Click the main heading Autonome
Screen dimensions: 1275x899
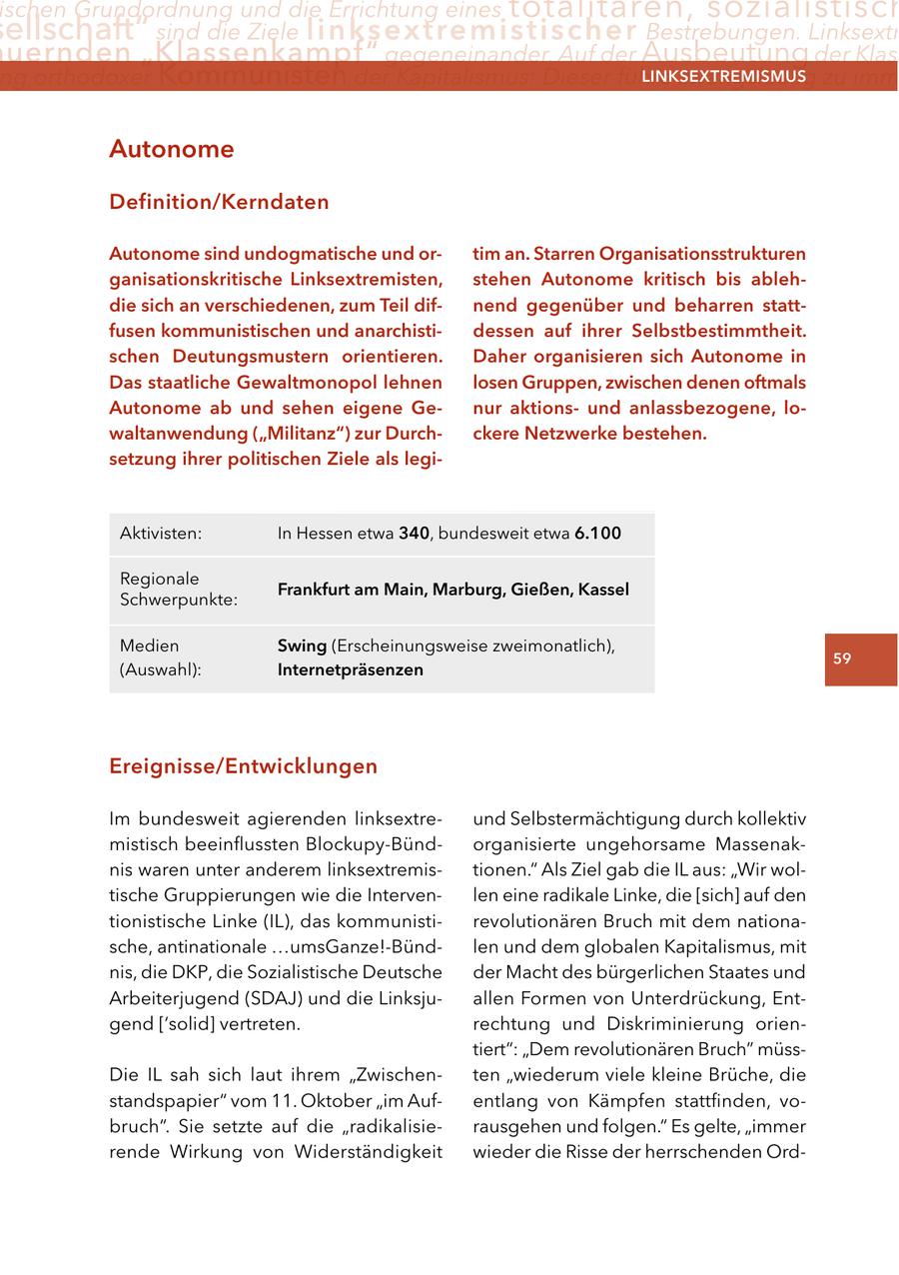(171, 150)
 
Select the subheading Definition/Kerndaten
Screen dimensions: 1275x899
(219, 202)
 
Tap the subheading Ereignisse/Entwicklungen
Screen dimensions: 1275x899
(243, 766)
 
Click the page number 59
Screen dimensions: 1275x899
(842, 658)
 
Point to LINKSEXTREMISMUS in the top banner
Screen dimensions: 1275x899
(723, 77)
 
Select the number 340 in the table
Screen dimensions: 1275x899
(414, 534)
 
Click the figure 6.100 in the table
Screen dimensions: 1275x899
(597, 534)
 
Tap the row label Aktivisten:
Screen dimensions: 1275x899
(161, 534)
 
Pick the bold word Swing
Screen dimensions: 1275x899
(301, 646)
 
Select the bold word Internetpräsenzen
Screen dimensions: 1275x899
(350, 670)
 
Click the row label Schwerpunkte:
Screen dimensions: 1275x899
(179, 601)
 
